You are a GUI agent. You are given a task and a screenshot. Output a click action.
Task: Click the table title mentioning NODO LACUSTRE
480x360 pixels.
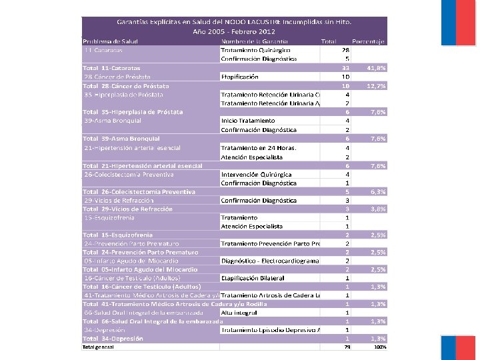pyautogui.click(x=233, y=22)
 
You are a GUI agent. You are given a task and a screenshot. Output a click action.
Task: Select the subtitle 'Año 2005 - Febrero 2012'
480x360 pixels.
pyautogui.click(x=233, y=31)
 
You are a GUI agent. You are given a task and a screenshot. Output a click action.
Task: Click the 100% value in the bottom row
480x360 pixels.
pyautogui.click(x=379, y=347)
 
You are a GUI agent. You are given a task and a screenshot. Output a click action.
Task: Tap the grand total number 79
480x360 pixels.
pyautogui.click(x=346, y=347)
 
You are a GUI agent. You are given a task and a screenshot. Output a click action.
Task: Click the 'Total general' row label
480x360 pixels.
pyautogui.click(x=98, y=347)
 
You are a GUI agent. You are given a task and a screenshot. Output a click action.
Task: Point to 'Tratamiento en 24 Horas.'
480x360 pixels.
pyautogui.click(x=258, y=147)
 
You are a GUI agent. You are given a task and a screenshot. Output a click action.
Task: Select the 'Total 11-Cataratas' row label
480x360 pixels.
pyautogui.click(x=112, y=67)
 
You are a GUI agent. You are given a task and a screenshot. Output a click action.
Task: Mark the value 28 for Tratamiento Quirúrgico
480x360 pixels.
pyautogui.click(x=345, y=50)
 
